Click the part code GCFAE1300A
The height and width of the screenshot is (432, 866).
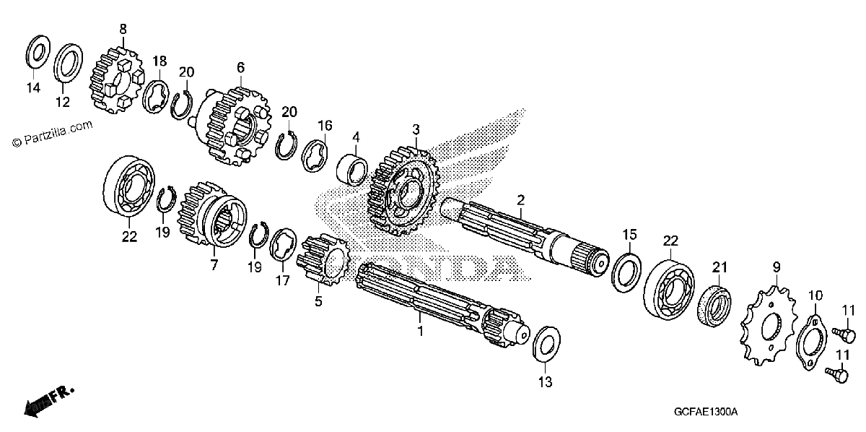tap(706, 412)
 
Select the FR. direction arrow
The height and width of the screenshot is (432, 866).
tap(49, 402)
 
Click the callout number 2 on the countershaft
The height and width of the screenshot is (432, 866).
tap(521, 199)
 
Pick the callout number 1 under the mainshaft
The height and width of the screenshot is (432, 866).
tap(420, 332)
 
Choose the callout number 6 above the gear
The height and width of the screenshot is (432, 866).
tap(240, 67)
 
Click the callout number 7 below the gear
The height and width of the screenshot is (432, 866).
tap(214, 265)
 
